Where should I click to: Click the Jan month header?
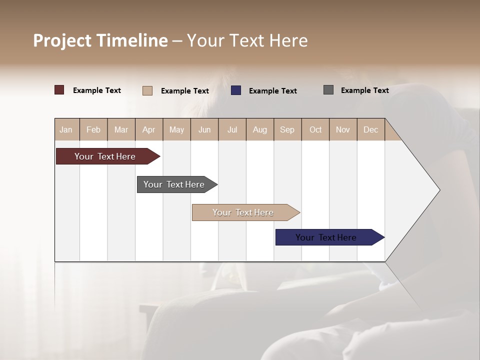pos(66,129)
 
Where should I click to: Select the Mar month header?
pos(121,129)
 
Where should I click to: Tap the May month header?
pos(176,129)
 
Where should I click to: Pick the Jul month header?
pos(232,129)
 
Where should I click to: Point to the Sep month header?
pos(287,129)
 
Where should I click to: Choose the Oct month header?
pos(315,129)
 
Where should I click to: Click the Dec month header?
pos(370,129)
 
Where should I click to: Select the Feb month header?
pos(93,129)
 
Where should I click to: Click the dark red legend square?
pos(59,90)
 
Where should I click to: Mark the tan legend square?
pos(147,90)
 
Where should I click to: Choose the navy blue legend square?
pos(235,90)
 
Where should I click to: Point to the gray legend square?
pos(328,90)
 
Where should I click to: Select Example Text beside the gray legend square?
pos(364,90)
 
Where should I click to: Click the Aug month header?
pos(259,129)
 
